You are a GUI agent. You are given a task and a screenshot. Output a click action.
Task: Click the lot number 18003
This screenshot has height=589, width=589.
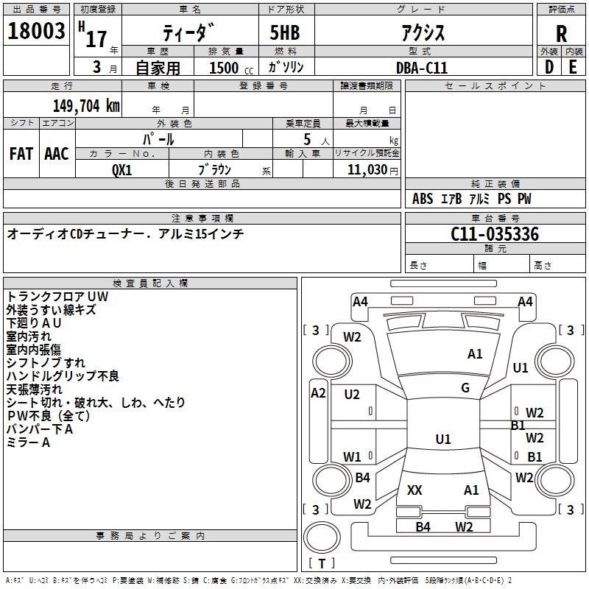tap(37, 32)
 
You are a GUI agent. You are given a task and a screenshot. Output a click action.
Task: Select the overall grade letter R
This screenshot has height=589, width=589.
tap(561, 34)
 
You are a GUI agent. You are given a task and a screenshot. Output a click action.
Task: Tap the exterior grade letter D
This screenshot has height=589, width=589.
tap(549, 66)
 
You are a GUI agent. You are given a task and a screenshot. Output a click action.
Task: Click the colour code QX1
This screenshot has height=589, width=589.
tap(122, 169)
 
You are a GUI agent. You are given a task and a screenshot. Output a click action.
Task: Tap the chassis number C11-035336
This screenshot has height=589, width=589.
tap(495, 235)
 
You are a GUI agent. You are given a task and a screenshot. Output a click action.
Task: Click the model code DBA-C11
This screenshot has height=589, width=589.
tap(421, 67)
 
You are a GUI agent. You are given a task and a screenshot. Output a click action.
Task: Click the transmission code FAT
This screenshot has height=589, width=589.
tap(21, 154)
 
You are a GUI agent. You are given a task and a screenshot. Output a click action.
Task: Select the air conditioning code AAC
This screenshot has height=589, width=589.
tap(57, 154)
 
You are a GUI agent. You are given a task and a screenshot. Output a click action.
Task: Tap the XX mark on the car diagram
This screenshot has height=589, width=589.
tap(415, 490)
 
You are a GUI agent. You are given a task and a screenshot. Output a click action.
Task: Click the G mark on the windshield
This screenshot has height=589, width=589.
tap(465, 388)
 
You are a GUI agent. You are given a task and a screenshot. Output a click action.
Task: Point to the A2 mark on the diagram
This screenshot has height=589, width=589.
tap(318, 392)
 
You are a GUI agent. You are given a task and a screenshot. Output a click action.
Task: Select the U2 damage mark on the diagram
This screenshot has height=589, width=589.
tap(352, 395)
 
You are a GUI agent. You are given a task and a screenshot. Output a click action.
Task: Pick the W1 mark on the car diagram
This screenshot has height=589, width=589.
tap(352, 456)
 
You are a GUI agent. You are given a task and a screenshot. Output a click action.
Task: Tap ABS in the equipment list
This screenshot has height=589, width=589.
tap(423, 199)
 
